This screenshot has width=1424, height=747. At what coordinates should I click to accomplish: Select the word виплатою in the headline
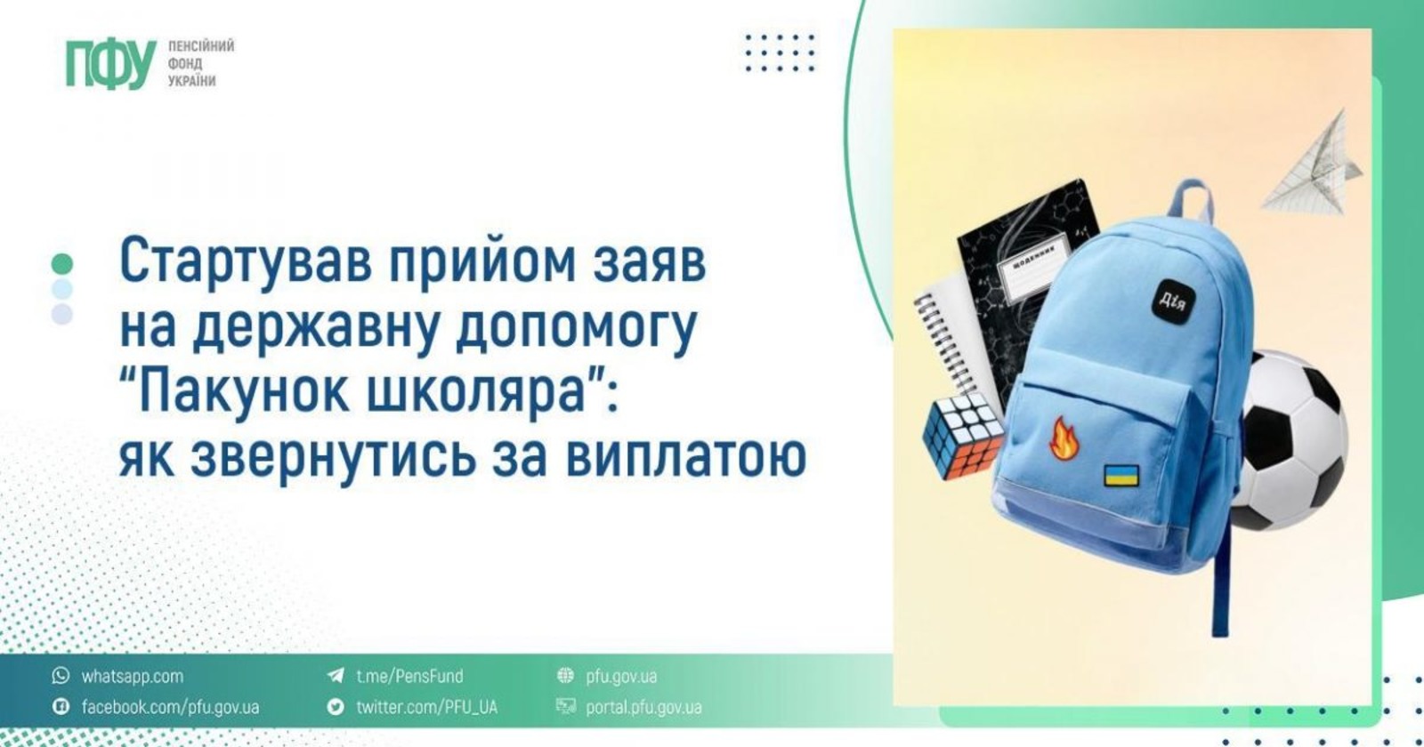(x=686, y=456)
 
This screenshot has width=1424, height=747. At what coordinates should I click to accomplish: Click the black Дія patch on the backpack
(x=1173, y=300)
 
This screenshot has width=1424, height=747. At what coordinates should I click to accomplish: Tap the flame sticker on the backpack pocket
(x=1064, y=438)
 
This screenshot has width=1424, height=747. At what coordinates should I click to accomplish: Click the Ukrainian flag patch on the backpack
(x=1121, y=475)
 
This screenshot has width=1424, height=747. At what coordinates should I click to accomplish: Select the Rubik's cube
(x=962, y=436)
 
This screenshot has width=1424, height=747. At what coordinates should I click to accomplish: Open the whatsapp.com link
(x=133, y=676)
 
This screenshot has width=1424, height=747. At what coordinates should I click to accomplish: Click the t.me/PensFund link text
(x=409, y=676)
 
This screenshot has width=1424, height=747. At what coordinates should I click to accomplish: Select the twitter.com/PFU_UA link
(x=426, y=707)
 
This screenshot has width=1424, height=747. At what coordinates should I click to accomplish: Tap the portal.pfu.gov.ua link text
(x=643, y=707)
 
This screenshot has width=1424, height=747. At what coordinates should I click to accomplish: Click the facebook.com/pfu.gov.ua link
(x=170, y=707)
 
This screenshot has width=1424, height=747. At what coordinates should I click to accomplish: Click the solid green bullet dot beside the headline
(x=61, y=263)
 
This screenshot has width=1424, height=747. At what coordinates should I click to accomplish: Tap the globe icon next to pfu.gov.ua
(x=565, y=675)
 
